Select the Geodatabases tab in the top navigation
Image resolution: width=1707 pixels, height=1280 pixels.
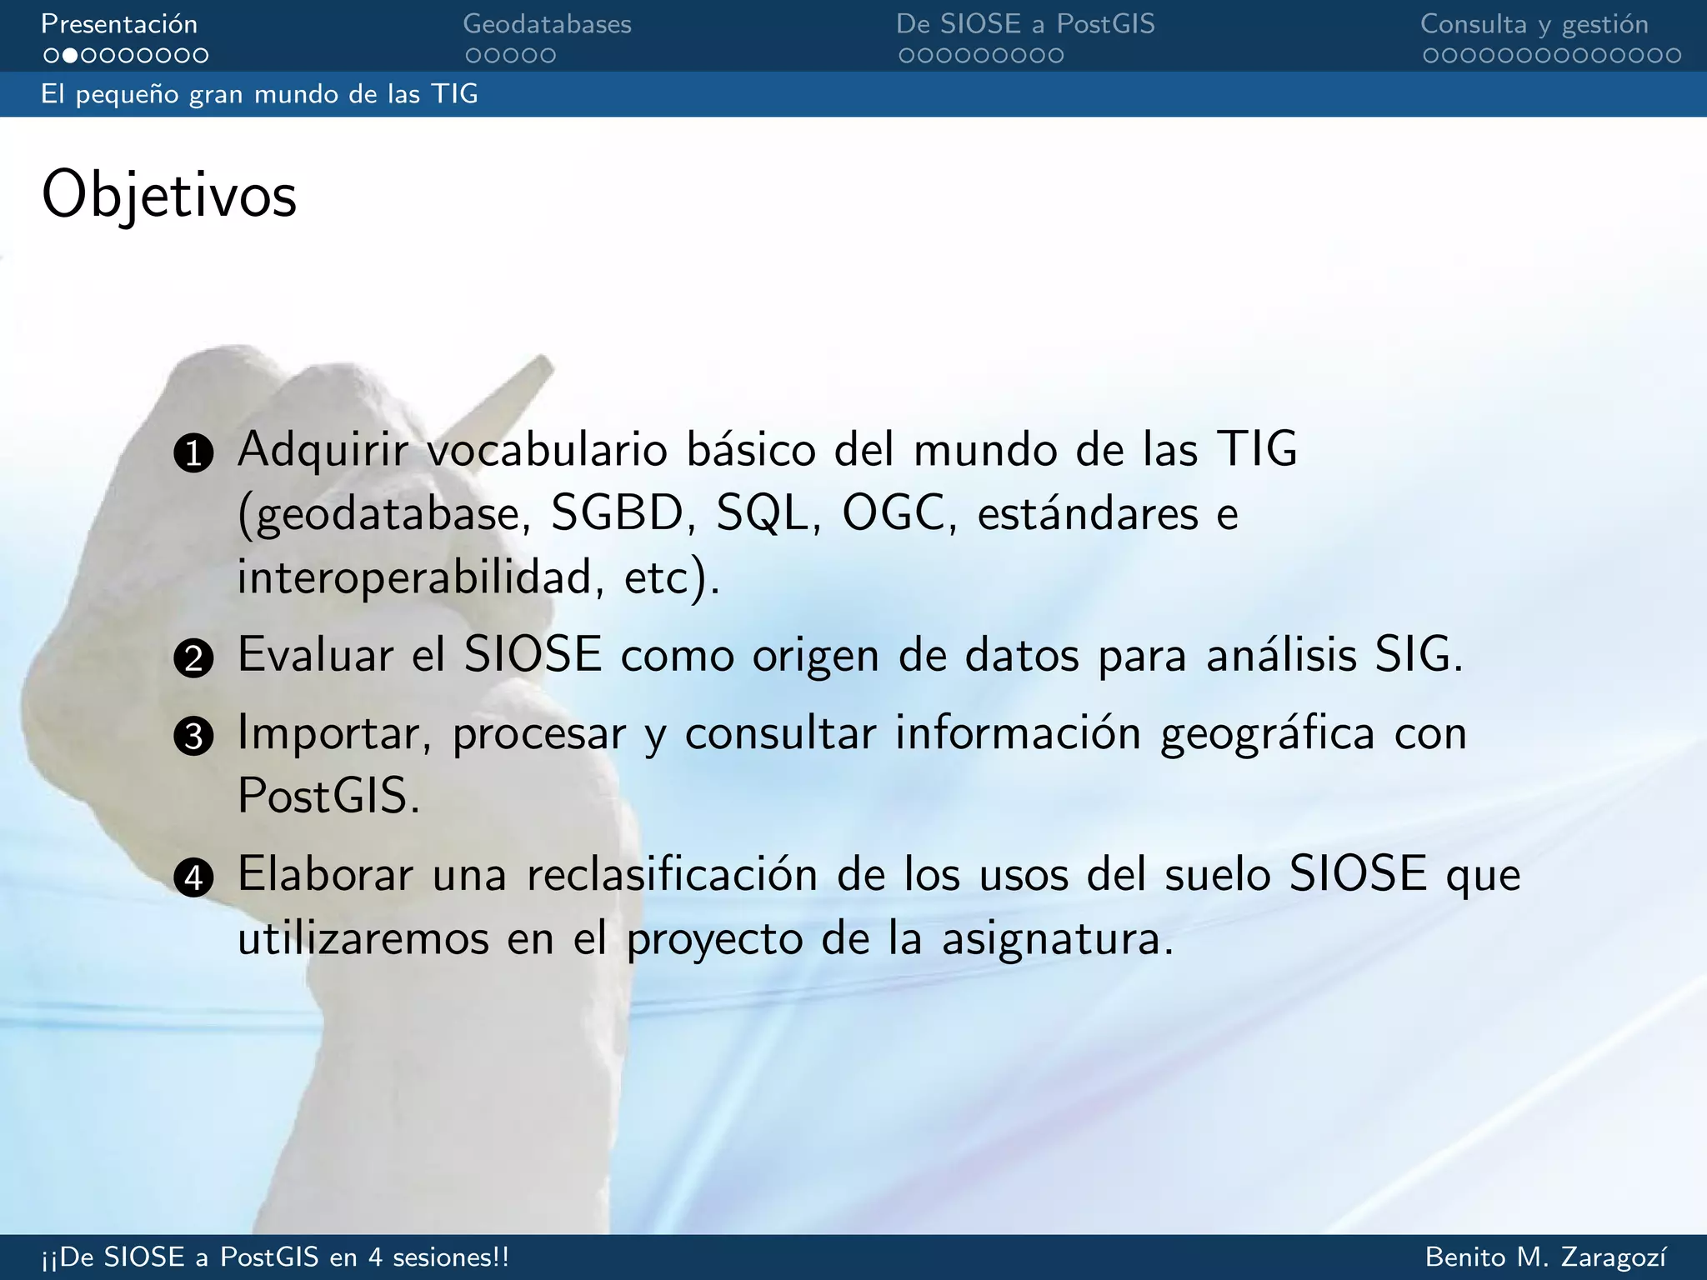point(547,24)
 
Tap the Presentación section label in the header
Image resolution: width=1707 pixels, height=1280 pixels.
point(119,24)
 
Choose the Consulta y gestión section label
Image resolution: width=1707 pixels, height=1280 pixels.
point(1534,24)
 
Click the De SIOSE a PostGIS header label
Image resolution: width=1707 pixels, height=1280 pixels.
point(1025,24)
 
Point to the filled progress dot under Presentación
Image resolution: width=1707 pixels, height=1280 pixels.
point(70,56)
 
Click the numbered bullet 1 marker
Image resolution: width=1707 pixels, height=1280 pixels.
point(193,453)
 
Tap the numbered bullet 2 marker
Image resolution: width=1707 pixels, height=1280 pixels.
point(193,658)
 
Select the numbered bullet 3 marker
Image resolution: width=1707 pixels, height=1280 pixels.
point(193,737)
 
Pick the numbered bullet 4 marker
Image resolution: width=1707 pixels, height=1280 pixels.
point(193,877)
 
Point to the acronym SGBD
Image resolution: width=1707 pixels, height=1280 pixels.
point(617,513)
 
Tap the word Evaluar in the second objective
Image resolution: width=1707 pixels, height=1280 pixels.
point(315,655)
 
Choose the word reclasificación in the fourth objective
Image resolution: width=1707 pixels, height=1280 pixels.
point(672,875)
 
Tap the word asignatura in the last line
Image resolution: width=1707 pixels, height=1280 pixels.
point(1057,939)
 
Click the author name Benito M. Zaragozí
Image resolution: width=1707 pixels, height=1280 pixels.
point(1546,1257)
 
